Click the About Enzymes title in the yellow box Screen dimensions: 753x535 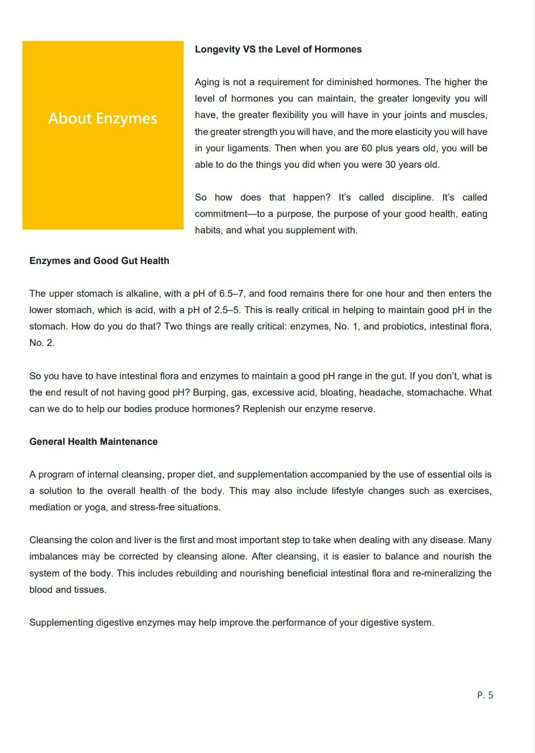pyautogui.click(x=103, y=119)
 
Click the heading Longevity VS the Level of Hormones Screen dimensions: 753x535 pyautogui.click(x=278, y=49)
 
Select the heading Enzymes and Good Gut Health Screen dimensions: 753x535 pyautogui.click(x=99, y=261)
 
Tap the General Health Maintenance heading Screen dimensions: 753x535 pyautogui.click(x=93, y=442)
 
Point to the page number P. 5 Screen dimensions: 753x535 pyautogui.click(x=485, y=695)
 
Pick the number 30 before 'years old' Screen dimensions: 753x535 pyautogui.click(x=390, y=164)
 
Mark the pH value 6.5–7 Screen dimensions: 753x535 pyautogui.click(x=232, y=293)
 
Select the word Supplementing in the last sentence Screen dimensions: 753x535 pyautogui.click(x=61, y=622)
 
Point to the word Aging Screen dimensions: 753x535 pyautogui.click(x=207, y=82)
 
